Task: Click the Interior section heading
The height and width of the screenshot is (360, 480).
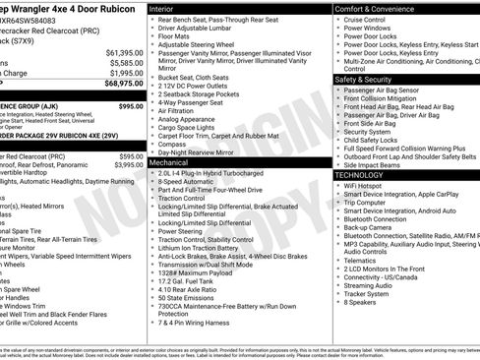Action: [161, 8]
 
